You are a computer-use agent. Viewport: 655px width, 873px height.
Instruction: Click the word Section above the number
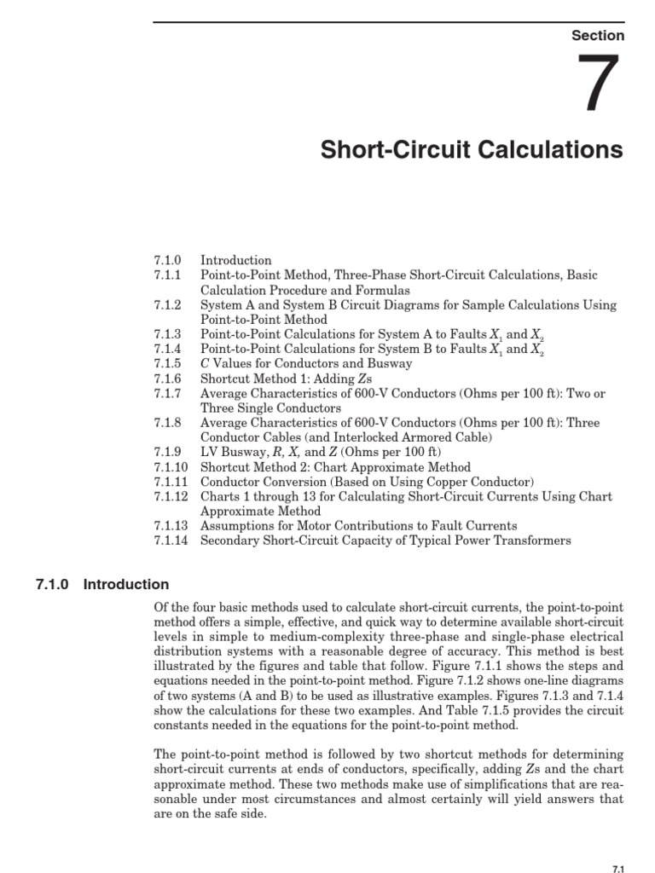(x=598, y=36)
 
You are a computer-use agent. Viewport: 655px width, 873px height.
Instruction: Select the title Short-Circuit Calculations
(x=472, y=151)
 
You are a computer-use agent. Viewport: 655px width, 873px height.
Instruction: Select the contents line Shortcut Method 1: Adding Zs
(x=274, y=379)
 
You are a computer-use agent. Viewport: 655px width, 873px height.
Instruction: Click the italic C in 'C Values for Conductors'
(x=205, y=364)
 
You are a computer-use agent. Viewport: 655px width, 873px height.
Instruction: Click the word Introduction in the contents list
(x=236, y=260)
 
